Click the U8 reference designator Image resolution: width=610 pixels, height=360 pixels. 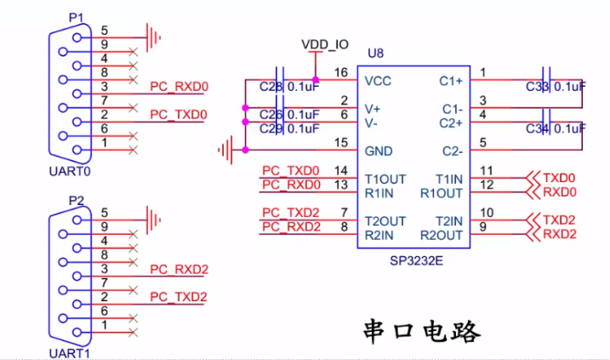375,53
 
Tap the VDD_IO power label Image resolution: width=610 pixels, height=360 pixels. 325,43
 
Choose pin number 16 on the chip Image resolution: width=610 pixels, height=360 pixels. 341,73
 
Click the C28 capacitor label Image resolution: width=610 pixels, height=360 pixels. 271,87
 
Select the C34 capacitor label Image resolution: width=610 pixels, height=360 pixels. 538,129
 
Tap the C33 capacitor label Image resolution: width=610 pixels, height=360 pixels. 538,87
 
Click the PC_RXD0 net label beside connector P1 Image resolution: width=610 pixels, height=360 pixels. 179,87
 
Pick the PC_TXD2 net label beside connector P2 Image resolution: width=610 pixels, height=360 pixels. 179,297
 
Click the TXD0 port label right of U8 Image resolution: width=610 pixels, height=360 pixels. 560,179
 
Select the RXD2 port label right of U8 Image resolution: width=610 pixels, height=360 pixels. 560,234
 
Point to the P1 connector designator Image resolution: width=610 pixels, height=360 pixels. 77,17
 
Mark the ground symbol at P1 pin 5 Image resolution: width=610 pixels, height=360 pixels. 154,37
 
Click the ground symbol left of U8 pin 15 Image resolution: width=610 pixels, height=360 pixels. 225,151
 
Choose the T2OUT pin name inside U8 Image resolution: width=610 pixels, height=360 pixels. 385,220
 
